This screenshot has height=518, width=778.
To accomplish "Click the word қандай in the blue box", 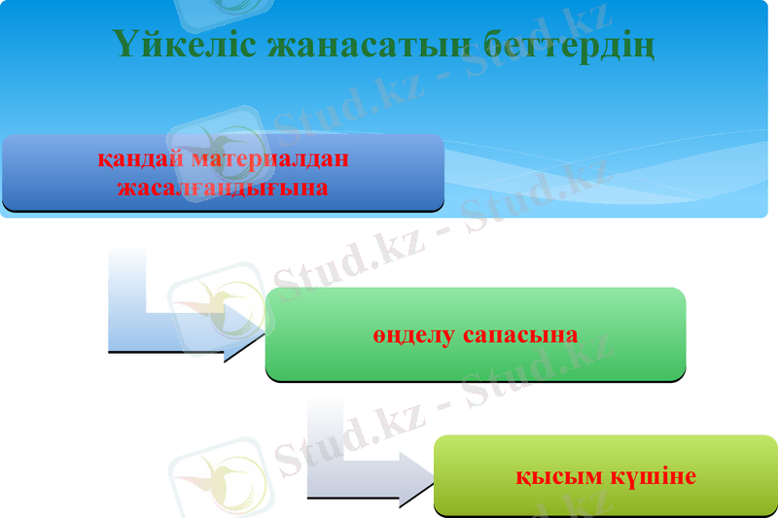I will (x=142, y=158).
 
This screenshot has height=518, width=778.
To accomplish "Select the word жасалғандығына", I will (x=223, y=187).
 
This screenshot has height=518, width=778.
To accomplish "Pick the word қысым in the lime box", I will (x=552, y=478).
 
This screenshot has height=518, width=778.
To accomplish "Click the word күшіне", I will (x=656, y=478).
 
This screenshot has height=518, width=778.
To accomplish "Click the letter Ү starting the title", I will (x=124, y=45).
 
